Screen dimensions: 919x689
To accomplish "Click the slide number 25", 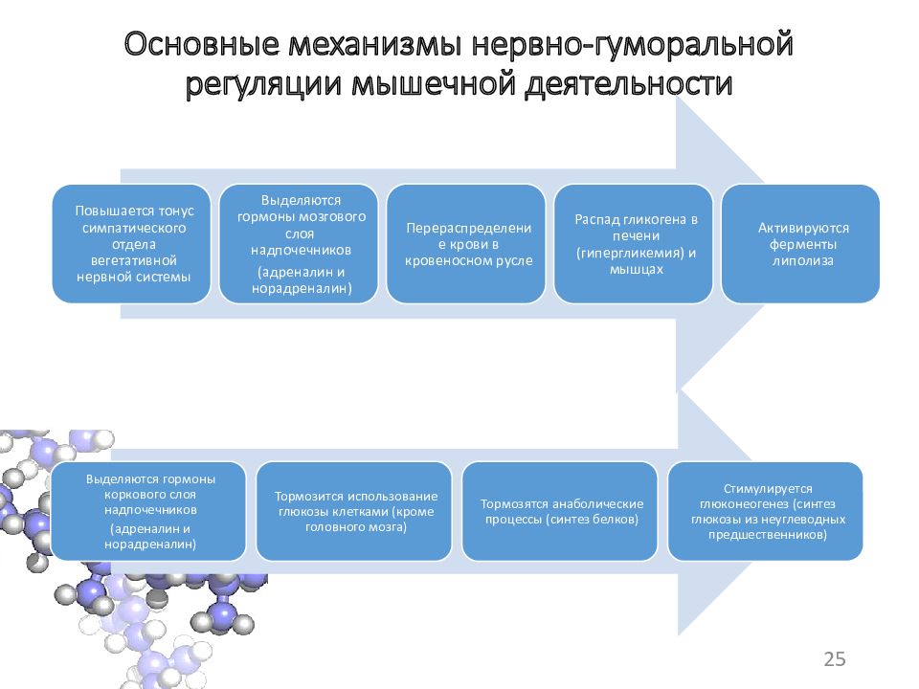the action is (x=835, y=659).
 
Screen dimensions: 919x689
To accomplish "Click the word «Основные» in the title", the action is (x=202, y=45).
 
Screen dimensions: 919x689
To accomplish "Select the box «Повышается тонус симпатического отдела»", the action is (x=132, y=244).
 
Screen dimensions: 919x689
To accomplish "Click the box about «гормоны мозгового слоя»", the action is (x=299, y=244).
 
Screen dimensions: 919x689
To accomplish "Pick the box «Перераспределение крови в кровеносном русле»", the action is (x=466, y=244).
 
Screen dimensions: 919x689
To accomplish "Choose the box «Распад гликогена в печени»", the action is (x=634, y=244).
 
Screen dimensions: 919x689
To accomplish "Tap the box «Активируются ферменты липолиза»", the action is (x=800, y=244).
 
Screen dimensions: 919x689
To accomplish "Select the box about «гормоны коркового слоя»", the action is (x=148, y=511).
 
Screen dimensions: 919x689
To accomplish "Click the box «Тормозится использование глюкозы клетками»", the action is (x=354, y=511).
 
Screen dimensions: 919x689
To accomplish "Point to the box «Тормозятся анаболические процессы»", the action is (x=560, y=511).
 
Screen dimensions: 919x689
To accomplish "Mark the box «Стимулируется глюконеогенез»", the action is (x=766, y=511).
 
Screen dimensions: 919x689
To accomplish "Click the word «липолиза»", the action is (x=802, y=261).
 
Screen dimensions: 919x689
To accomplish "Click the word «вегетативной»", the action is (x=134, y=260).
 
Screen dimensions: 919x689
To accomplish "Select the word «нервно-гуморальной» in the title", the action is (x=633, y=45).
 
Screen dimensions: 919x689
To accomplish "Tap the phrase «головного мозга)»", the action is (x=356, y=527).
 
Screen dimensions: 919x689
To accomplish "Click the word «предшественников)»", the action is (x=767, y=534).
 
